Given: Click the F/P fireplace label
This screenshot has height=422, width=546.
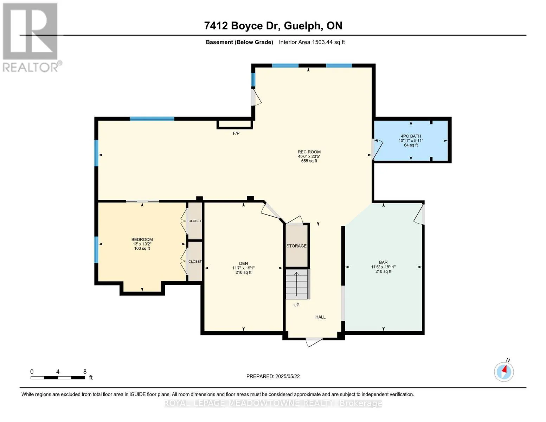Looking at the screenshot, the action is click(x=236, y=134).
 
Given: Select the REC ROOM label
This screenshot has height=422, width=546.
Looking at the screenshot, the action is click(x=309, y=152).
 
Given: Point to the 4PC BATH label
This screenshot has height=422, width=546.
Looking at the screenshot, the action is click(x=411, y=136).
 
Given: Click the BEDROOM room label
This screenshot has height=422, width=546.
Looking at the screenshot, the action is click(x=142, y=239).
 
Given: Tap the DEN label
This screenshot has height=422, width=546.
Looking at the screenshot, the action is click(x=243, y=263).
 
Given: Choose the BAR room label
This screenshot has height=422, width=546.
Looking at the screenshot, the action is click(x=383, y=262).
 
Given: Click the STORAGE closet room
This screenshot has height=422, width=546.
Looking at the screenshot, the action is click(x=296, y=245).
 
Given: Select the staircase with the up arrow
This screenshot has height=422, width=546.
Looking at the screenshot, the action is click(x=297, y=284).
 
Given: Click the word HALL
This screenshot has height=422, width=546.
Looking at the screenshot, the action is click(x=320, y=317).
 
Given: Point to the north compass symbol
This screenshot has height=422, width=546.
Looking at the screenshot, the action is click(x=504, y=372).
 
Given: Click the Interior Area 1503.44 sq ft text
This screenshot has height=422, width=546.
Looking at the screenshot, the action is click(x=311, y=42).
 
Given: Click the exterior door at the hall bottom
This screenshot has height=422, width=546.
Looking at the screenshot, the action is click(x=314, y=342).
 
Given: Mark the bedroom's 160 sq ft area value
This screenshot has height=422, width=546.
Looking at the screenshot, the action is click(x=142, y=249).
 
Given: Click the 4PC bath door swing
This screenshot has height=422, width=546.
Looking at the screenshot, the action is click(x=377, y=149).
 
